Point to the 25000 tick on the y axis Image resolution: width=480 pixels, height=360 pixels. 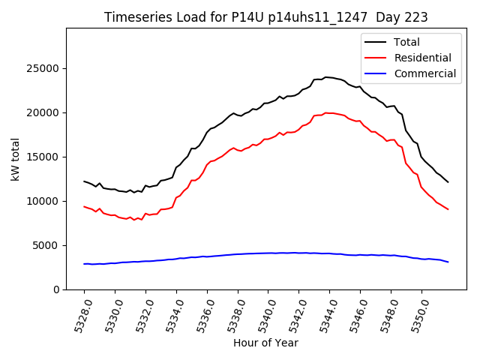point(44,69)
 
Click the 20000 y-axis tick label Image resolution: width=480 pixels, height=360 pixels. point(44,113)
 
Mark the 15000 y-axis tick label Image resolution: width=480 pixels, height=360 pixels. point(44,157)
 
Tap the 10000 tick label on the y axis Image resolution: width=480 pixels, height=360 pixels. point(44,202)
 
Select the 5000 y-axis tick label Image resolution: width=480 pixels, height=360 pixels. point(47,246)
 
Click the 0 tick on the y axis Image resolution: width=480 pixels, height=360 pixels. point(56,290)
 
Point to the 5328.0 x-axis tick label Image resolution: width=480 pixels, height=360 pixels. point(79,313)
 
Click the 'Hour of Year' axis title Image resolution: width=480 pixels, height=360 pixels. point(265,343)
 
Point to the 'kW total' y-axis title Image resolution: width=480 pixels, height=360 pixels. point(16,159)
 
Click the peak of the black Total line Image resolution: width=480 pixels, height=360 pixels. point(325,76)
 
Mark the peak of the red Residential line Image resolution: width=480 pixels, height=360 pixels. point(325,112)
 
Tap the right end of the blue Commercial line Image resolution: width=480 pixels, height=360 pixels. point(448,262)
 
